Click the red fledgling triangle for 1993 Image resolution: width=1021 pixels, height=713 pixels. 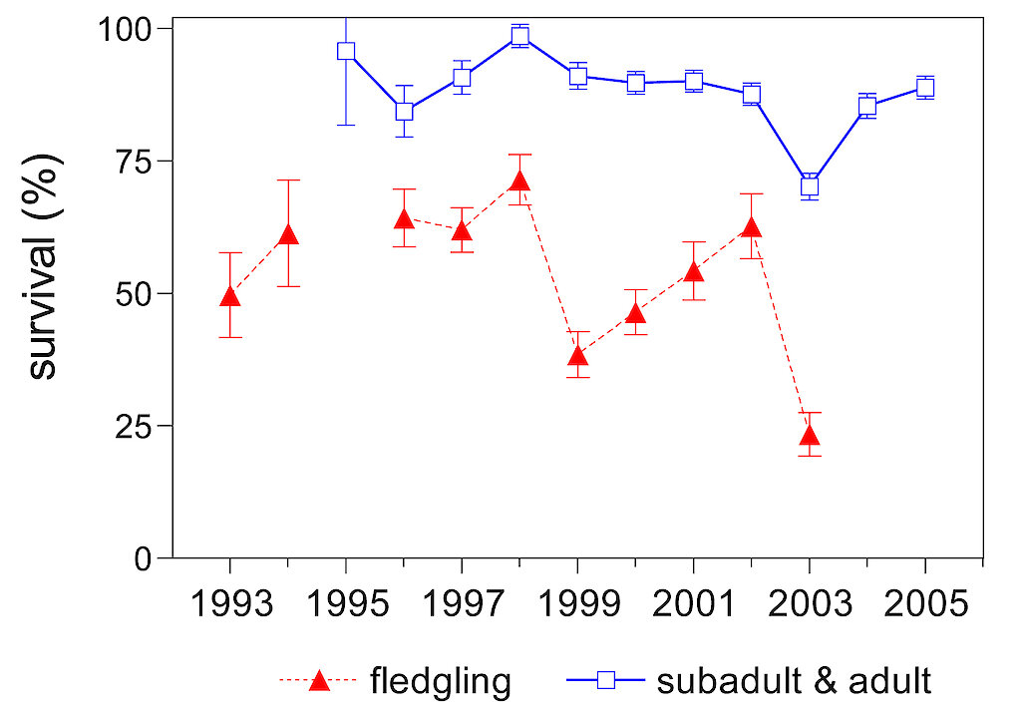tap(230, 296)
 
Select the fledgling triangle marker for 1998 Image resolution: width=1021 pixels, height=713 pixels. tap(519, 181)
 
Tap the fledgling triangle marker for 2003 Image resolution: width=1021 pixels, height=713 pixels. tap(810, 435)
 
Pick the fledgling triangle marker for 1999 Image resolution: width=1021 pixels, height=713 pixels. tap(577, 356)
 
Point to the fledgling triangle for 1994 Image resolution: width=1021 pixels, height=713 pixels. tap(288, 235)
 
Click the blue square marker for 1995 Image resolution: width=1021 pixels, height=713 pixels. tap(346, 52)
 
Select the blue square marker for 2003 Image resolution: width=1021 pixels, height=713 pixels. tap(810, 185)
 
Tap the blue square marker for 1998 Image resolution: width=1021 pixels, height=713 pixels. tap(519, 37)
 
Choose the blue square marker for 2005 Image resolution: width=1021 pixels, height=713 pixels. tap(925, 88)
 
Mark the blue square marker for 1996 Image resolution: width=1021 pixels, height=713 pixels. tap(404, 111)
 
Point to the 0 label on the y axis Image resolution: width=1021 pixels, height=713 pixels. tap(144, 558)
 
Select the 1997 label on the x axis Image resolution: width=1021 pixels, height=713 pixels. tap(462, 605)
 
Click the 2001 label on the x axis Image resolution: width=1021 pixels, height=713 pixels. tap(693, 605)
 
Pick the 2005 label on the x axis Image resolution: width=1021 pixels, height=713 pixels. tap(925, 605)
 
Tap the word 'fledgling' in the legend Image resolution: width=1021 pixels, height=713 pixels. tap(440, 681)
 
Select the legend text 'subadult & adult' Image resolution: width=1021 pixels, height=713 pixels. tap(794, 681)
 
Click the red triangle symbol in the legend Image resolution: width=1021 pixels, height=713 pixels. tap(319, 681)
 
